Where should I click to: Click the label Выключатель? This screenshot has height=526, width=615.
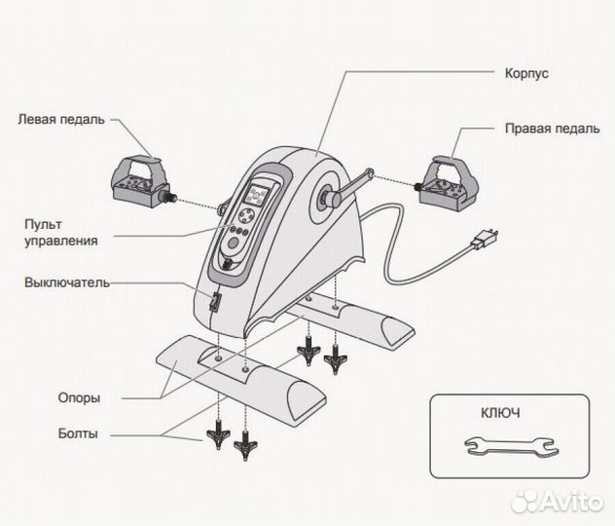coord(66,283)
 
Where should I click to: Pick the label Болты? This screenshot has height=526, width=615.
coord(78,433)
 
